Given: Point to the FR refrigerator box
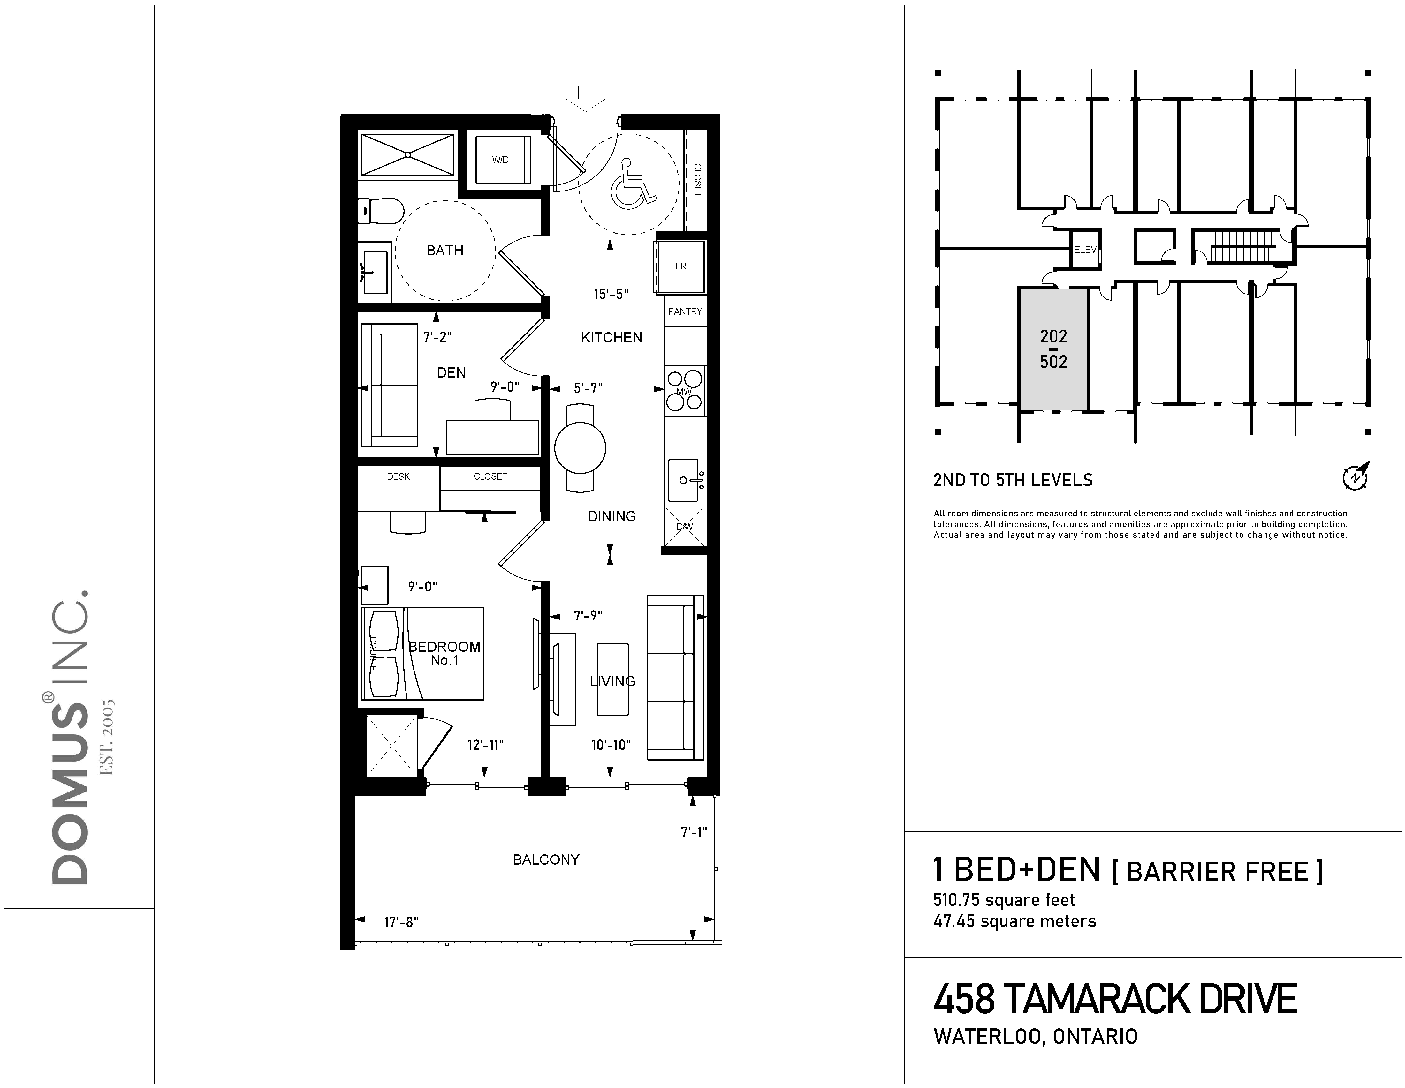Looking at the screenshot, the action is point(680,266).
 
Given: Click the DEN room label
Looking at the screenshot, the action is point(451,372).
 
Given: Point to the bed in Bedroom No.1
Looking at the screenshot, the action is point(422,653).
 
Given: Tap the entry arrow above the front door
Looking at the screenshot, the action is point(585,98).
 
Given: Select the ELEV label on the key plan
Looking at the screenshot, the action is point(1085,250).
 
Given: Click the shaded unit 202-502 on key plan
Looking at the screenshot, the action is point(1053,349).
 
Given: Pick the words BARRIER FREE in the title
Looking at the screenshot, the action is point(1217,872).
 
